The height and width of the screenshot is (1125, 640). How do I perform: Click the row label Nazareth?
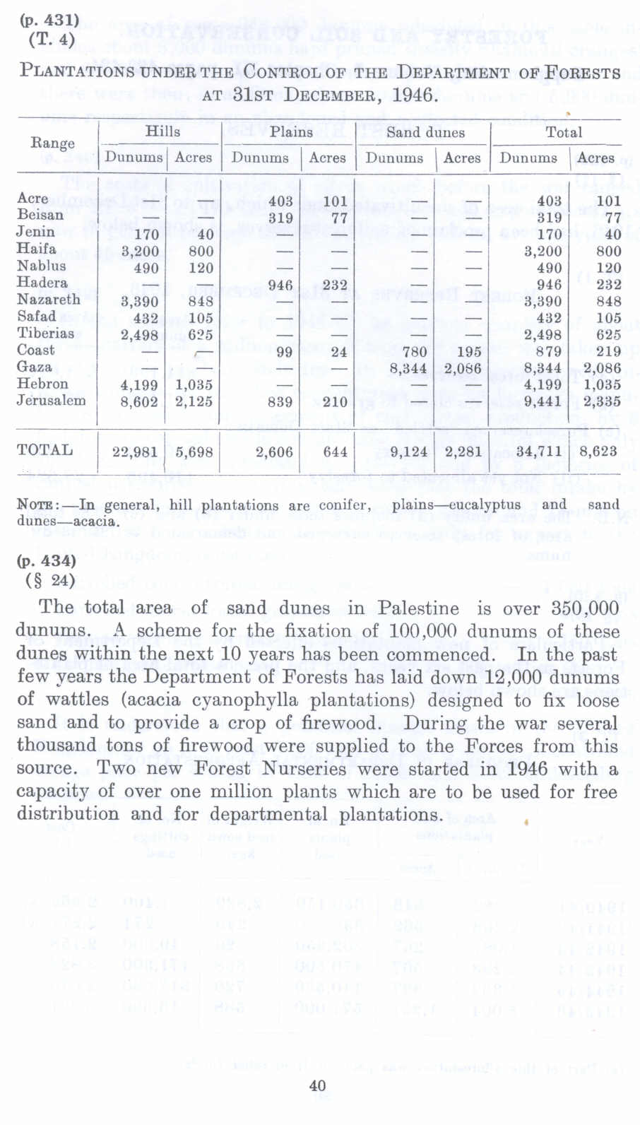pos(48,300)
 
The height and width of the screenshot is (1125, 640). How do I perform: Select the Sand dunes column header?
pos(425,133)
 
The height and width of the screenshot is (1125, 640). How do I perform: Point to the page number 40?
pos(318,1085)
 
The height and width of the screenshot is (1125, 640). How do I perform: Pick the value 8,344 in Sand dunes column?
pos(408,368)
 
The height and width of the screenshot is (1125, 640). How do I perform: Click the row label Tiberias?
pos(45,333)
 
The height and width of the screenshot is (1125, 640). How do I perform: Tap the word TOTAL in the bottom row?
pos(45,450)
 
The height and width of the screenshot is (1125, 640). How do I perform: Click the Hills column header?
pos(162,131)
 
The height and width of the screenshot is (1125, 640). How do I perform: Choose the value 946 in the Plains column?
pos(280,285)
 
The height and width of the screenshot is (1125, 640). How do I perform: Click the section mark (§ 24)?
pos(49,581)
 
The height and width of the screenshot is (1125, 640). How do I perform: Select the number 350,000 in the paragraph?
pos(585,608)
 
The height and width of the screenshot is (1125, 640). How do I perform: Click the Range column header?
pos(52,143)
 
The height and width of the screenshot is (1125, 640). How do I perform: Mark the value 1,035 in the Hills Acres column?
pos(194,385)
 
